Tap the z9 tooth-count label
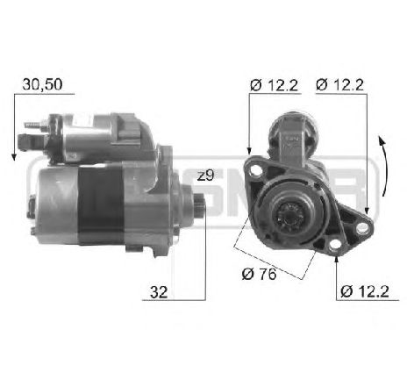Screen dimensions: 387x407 coord(205,176)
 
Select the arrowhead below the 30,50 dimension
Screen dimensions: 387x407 coord(15,155)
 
